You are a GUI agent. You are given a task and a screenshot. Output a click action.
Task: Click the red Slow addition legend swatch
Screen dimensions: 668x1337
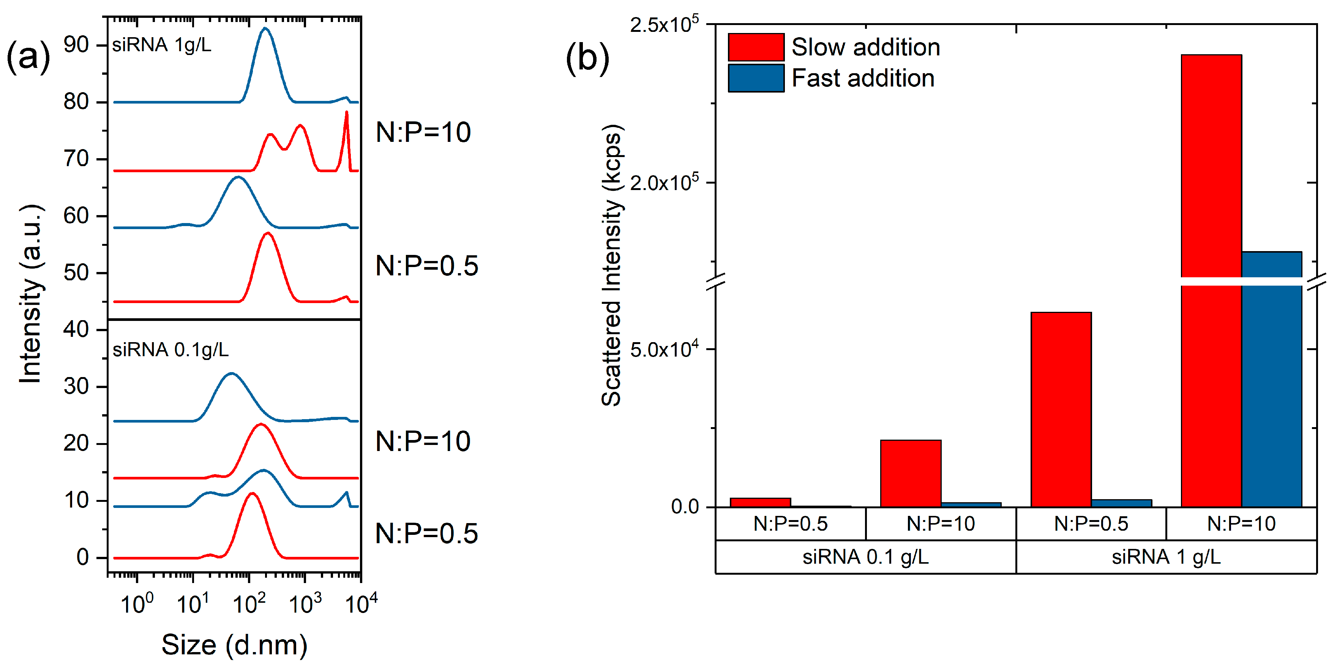point(755,47)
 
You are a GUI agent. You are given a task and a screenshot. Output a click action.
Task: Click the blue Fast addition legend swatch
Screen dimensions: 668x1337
point(755,78)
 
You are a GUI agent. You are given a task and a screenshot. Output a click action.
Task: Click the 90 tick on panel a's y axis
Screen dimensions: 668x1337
point(76,45)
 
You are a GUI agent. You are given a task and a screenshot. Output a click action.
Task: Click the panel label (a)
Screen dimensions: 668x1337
point(28,57)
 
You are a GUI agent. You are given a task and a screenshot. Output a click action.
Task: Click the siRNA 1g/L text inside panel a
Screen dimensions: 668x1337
point(161,45)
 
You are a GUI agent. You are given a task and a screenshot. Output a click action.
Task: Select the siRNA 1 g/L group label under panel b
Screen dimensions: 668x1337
point(1166,557)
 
